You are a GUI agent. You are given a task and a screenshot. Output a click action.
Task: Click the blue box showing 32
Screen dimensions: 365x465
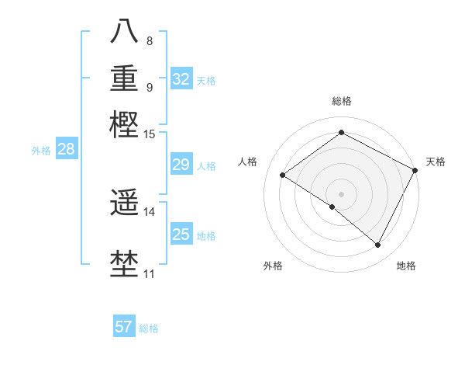181,79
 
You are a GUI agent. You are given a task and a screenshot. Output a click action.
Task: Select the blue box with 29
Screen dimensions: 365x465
181,165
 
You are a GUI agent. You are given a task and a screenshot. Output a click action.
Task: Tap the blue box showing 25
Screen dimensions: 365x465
181,235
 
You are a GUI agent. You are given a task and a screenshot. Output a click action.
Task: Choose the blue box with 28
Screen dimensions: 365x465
67,150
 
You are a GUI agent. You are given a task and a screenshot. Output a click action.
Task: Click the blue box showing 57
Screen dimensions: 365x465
124,327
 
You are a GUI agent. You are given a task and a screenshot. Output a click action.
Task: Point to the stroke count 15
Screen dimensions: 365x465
150,134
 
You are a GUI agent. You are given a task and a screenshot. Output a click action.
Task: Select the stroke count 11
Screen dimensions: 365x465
150,274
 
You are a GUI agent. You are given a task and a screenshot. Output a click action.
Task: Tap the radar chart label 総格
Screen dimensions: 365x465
341,102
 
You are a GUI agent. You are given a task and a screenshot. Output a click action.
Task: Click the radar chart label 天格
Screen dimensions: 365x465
436,162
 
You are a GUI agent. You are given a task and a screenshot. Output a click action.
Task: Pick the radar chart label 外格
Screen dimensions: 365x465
273,266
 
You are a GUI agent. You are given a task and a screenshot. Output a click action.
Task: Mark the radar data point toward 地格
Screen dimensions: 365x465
378,245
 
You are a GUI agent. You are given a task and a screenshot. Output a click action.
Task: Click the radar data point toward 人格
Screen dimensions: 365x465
283,175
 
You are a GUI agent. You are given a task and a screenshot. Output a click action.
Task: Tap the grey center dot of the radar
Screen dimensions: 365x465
341,193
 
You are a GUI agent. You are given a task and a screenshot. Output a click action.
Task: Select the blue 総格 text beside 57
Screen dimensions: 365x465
149,328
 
